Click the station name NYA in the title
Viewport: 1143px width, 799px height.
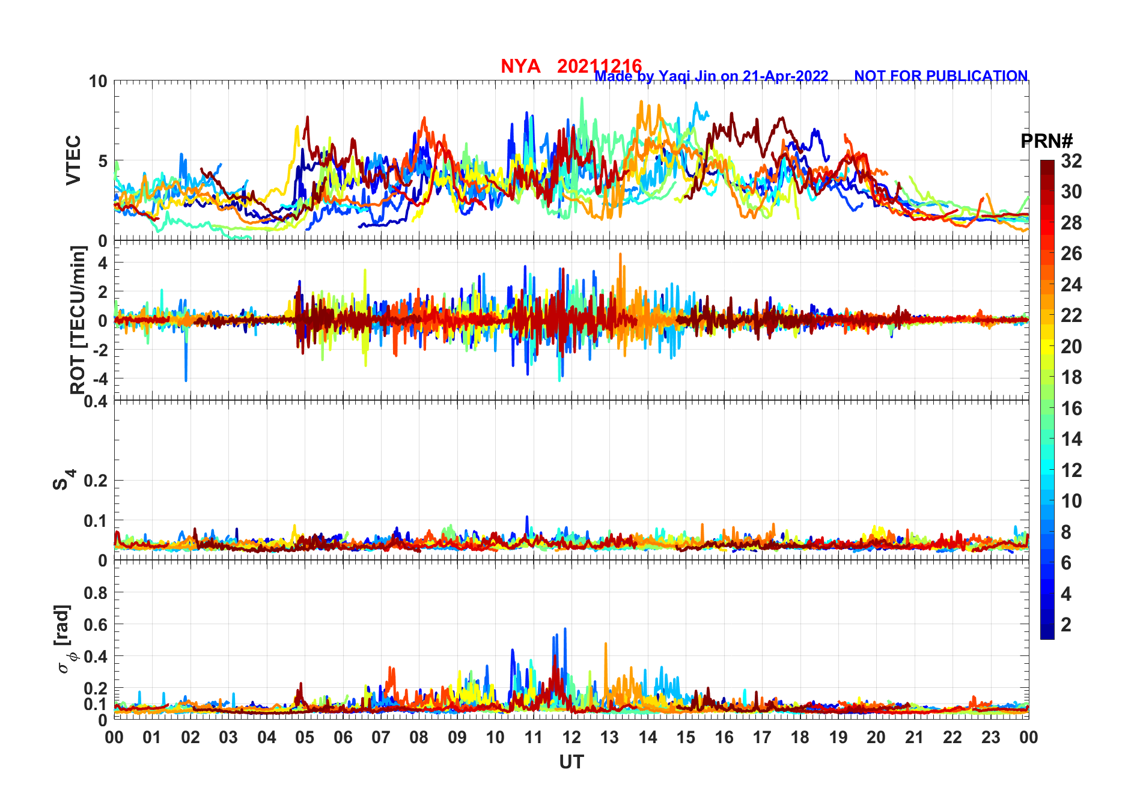click(x=520, y=66)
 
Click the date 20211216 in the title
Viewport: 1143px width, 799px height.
click(x=599, y=65)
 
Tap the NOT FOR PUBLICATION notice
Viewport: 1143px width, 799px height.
click(x=940, y=76)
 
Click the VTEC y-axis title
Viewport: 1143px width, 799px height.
click(x=73, y=160)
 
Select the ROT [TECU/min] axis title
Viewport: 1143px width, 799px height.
click(x=78, y=320)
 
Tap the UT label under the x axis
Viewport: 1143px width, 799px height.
click(x=571, y=762)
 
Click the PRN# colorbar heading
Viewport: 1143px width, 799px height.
click(x=1046, y=141)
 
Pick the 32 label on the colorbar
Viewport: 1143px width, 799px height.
click(x=1071, y=161)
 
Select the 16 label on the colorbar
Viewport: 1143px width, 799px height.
click(x=1071, y=409)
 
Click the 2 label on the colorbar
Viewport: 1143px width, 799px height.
click(x=1066, y=625)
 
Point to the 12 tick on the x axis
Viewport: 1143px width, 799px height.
click(x=571, y=738)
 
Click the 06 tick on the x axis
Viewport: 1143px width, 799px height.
click(x=343, y=738)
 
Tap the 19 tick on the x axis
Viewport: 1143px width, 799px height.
click(x=838, y=738)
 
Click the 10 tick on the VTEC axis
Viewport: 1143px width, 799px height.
click(x=99, y=82)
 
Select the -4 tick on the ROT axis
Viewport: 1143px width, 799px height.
click(x=100, y=379)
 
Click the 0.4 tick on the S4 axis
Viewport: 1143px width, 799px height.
click(x=96, y=401)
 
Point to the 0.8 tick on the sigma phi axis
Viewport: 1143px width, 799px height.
click(x=96, y=593)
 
